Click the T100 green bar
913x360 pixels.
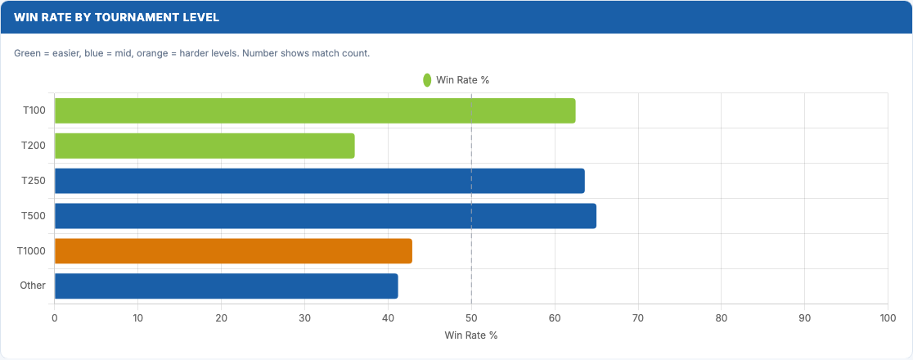point(315,110)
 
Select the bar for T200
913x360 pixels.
point(205,146)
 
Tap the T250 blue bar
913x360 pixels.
point(319,181)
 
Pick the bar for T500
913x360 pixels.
point(325,216)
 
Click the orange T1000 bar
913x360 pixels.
point(233,251)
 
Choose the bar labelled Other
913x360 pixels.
point(226,286)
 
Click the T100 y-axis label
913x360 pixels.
point(35,110)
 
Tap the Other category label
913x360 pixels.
point(33,286)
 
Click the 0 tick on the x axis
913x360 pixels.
point(54,317)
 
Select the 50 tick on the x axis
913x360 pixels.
point(471,317)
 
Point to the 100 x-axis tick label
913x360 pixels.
point(888,317)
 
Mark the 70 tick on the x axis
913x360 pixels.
point(638,317)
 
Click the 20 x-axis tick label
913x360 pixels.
point(221,317)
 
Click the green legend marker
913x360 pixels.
point(427,80)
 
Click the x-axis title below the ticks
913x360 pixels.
point(471,335)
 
